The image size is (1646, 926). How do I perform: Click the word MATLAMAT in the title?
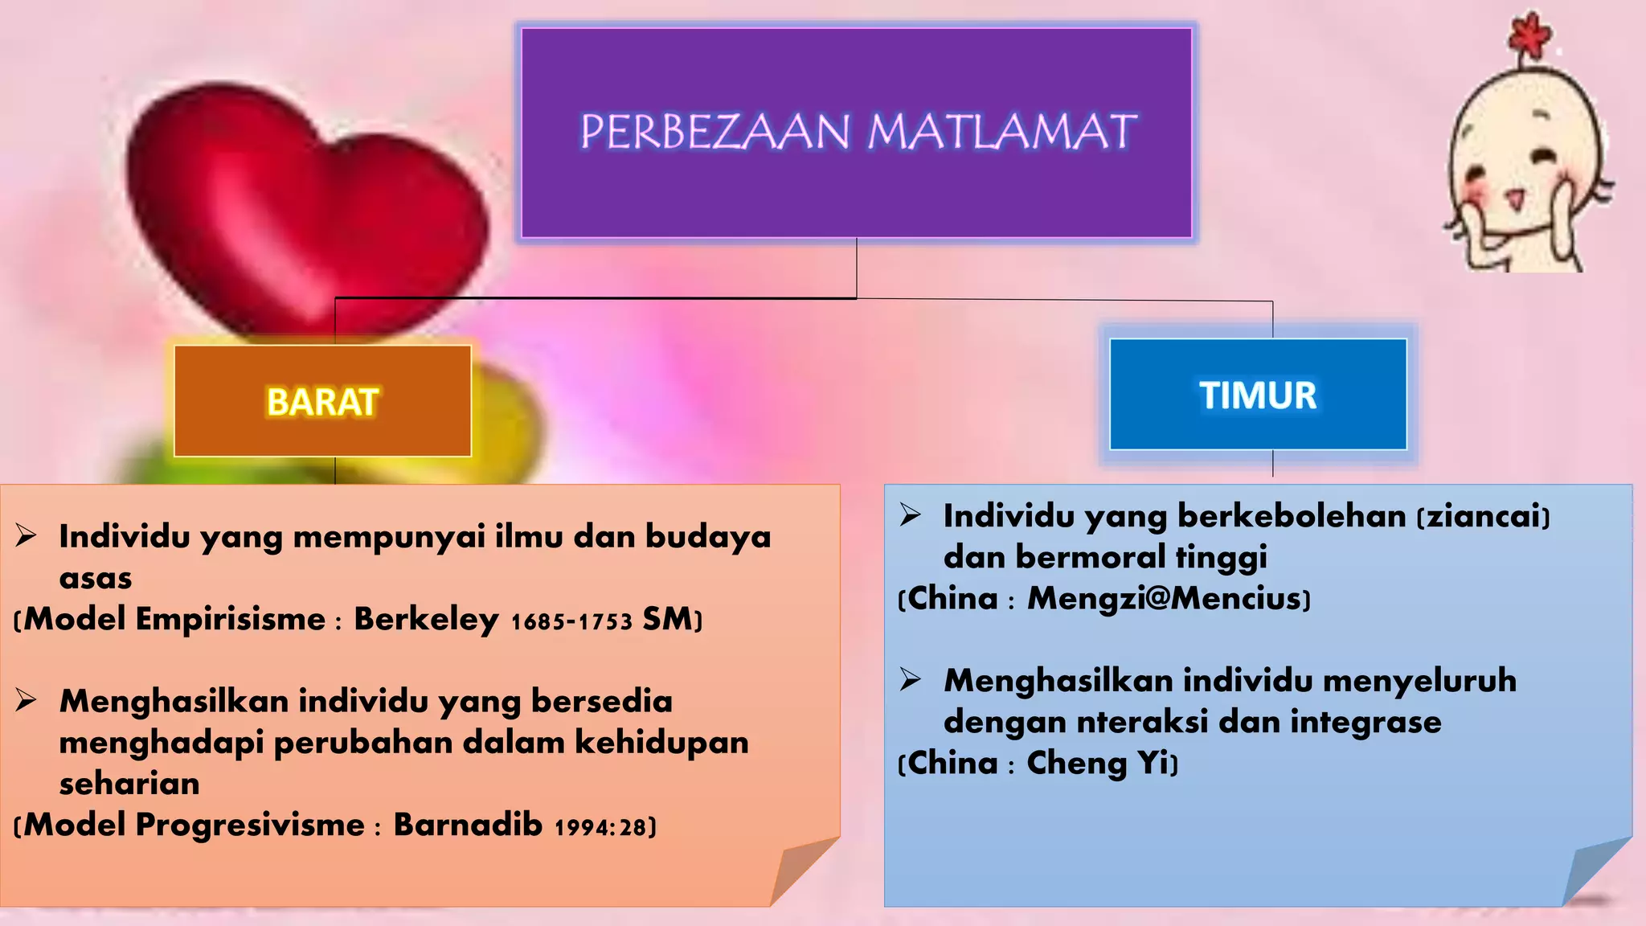[1002, 132]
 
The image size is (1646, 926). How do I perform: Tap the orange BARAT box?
[322, 401]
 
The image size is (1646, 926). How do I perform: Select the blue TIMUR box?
[1258, 395]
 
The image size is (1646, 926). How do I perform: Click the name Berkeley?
[426, 620]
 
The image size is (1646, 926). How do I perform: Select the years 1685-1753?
[571, 622]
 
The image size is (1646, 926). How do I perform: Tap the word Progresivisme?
[250, 826]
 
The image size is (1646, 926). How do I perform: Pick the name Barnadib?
[467, 826]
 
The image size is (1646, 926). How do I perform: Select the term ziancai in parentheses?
[1483, 516]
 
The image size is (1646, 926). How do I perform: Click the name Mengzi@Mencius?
[1165, 599]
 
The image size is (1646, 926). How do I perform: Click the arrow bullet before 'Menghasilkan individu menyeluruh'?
[910, 680]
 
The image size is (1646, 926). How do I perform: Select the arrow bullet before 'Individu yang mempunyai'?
[26, 535]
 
